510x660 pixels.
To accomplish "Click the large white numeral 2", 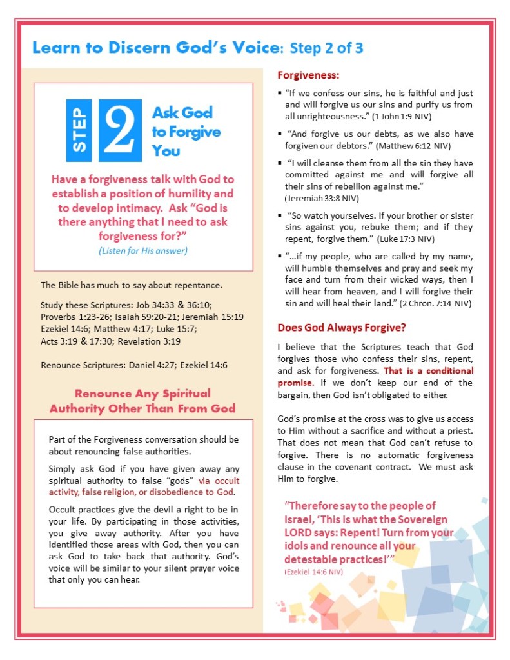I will tap(121, 130).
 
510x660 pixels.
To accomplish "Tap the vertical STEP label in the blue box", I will tap(81, 130).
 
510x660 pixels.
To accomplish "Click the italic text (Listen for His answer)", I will tap(143, 250).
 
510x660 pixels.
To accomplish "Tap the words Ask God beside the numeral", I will tap(182, 113).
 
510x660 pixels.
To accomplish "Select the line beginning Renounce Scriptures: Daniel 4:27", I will tap(133, 365).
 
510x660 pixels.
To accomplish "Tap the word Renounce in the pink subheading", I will tap(106, 394).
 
